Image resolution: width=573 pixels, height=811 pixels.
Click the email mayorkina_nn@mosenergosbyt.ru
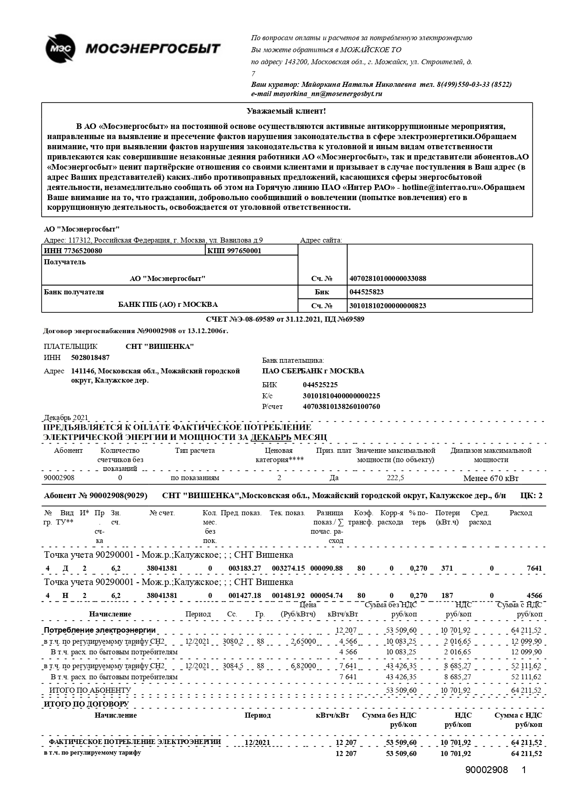tap(317, 94)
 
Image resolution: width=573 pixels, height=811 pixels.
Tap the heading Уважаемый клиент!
tap(286, 111)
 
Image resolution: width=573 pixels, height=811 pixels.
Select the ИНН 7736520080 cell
tap(73, 250)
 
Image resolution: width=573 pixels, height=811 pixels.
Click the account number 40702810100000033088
tap(388, 278)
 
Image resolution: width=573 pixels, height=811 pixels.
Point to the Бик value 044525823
tap(367, 292)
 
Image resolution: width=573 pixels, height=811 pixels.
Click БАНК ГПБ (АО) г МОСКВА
tap(168, 305)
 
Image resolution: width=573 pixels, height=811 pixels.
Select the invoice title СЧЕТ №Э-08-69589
tap(240, 319)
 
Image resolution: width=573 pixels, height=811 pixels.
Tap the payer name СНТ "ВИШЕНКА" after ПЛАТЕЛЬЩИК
tap(160, 347)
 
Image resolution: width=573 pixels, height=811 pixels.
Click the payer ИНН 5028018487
tap(90, 358)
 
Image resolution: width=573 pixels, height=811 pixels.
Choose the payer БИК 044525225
tap(320, 384)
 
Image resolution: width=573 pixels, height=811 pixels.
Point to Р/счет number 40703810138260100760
tap(341, 407)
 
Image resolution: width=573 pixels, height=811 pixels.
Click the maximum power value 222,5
tap(395, 477)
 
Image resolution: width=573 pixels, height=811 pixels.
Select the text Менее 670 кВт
tap(491, 478)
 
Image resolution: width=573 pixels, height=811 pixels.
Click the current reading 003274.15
tap(289, 568)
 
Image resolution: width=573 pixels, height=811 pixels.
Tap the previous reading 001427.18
tap(245, 596)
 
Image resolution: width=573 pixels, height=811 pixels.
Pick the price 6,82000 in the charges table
tap(303, 666)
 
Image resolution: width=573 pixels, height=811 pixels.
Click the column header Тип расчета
tap(195, 451)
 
